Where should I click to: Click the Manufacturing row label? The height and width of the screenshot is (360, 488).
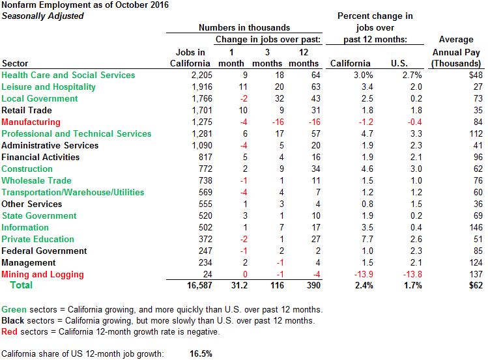pos(31,122)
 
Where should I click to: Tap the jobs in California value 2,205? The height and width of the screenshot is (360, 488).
pos(197,75)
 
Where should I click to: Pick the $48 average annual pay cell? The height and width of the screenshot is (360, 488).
pos(473,75)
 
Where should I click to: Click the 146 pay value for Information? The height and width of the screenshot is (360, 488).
pos(475,227)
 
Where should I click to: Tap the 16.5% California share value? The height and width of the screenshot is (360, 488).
pos(201,353)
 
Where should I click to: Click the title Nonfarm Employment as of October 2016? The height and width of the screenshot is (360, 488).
pos(85,5)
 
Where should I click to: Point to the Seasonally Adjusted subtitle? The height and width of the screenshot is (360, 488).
pos(42,16)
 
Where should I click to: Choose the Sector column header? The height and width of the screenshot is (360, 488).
pos(15,63)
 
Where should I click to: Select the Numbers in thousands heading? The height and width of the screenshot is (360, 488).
pos(244,28)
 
